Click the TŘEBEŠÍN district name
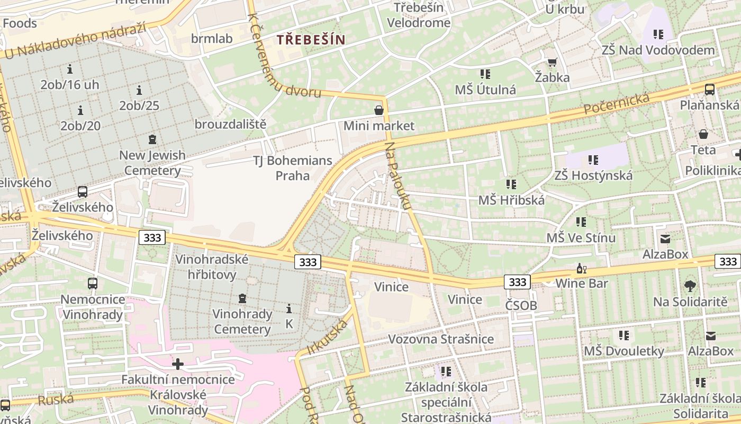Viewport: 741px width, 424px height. tap(311, 39)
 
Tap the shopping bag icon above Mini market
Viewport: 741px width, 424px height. tap(379, 110)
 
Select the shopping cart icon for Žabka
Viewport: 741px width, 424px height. tap(552, 63)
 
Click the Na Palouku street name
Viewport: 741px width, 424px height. tap(398, 175)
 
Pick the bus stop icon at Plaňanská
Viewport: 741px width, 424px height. tap(710, 89)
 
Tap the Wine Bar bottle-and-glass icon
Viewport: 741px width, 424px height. tap(581, 269)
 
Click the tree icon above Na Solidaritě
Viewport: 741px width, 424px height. tap(690, 286)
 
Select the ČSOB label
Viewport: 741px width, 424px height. tap(521, 305)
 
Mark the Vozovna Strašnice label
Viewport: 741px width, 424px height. tap(441, 339)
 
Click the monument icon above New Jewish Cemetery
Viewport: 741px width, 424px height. tap(152, 140)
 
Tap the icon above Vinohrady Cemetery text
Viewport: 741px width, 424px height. tap(242, 298)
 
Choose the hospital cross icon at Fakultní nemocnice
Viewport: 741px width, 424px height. tap(178, 364)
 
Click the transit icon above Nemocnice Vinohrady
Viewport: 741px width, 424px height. tap(93, 284)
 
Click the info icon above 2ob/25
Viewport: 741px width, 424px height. tap(139, 90)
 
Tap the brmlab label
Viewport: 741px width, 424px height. tap(212, 38)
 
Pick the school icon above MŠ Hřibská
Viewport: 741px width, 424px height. tap(511, 184)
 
